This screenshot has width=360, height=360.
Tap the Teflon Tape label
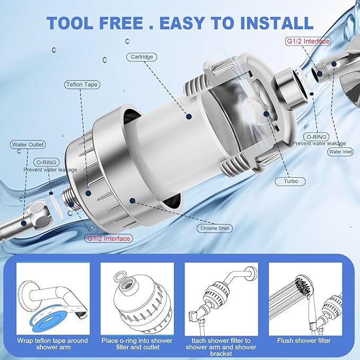click(x=82, y=84)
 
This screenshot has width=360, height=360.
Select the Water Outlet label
click(x=28, y=144)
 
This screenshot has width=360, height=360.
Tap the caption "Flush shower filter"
click(x=303, y=340)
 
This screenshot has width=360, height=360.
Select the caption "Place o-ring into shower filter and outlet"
click(x=137, y=344)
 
